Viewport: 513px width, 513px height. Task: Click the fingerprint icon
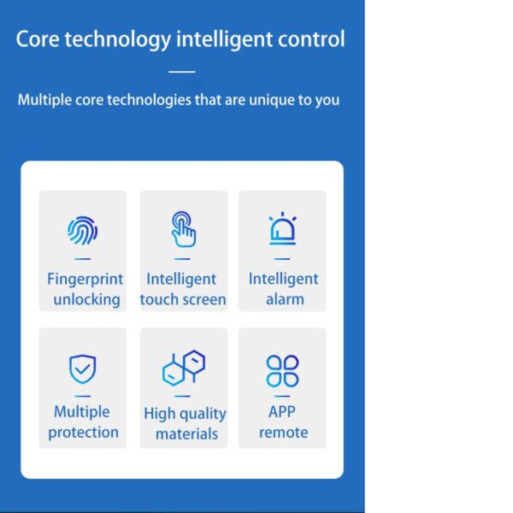(82, 231)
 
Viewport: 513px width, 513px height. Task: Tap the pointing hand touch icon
(184, 229)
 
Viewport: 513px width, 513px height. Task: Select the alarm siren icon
(282, 228)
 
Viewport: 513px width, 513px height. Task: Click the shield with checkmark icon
(82, 369)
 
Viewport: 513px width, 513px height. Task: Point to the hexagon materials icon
(184, 368)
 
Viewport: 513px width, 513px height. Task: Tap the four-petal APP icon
(282, 371)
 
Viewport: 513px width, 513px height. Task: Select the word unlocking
(86, 300)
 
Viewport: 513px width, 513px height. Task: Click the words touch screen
(183, 300)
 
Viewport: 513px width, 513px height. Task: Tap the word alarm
(285, 299)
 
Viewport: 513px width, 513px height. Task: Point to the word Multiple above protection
(82, 412)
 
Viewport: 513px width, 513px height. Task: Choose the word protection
(84, 433)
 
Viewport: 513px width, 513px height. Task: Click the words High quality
(185, 414)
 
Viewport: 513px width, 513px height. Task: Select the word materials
(186, 434)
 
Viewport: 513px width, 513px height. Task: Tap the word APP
(282, 411)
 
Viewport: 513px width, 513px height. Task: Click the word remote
(284, 433)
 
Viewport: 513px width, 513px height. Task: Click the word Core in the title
(38, 39)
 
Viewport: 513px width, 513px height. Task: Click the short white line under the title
(182, 72)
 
